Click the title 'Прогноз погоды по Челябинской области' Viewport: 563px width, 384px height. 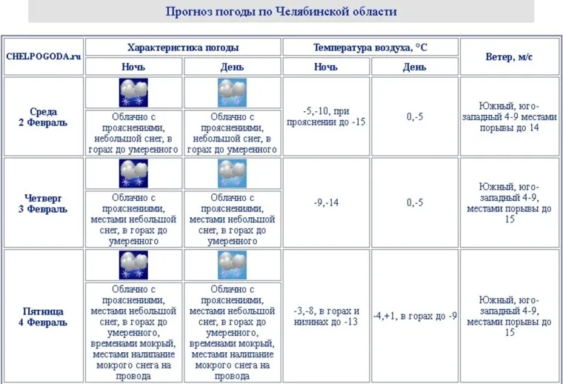(281, 11)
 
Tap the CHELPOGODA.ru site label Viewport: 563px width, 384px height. (43, 57)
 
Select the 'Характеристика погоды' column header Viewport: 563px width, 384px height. (183, 47)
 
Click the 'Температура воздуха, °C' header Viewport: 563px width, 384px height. (370, 47)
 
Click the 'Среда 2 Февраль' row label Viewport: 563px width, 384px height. (43, 117)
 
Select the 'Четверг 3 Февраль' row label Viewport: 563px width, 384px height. (43, 203)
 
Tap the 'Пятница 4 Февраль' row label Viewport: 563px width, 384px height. (43, 317)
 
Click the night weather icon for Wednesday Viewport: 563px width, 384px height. (134, 93)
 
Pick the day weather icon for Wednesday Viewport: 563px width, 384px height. (232, 93)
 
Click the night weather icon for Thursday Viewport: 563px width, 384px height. (134, 173)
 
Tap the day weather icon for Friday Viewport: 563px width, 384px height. (232, 265)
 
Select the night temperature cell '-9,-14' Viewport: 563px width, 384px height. (327, 203)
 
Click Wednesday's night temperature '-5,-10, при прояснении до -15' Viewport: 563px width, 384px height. (327, 117)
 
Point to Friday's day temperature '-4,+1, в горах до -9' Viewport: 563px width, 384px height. (415, 316)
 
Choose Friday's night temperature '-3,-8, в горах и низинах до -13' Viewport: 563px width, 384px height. (327, 317)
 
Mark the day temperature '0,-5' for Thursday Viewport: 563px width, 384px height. (415, 203)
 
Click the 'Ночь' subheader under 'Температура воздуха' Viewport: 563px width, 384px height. (327, 67)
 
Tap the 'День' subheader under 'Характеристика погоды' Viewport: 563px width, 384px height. (232, 67)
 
